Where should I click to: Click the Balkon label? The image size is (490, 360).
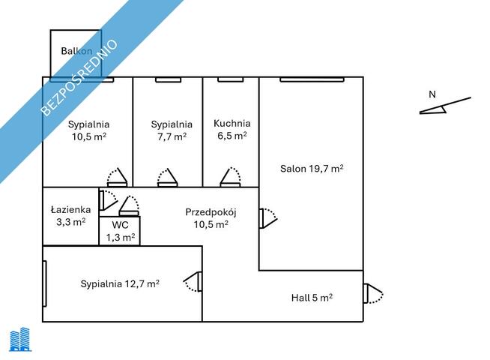click(x=76, y=51)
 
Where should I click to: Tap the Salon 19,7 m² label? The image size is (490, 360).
click(x=312, y=169)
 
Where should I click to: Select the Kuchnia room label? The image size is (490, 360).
click(x=232, y=123)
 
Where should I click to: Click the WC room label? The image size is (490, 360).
click(x=121, y=225)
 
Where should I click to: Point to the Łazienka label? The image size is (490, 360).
click(x=71, y=209)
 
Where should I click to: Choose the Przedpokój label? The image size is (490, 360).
click(x=211, y=212)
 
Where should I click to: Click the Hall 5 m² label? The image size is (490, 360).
click(x=312, y=298)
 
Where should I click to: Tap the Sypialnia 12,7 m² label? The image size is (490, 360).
click(x=120, y=283)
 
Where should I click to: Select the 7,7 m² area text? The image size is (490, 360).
click(x=172, y=136)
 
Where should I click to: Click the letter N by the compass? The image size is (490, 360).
click(x=432, y=94)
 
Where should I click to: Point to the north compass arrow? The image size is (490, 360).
click(x=445, y=106)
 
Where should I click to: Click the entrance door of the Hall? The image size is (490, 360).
click(x=373, y=293)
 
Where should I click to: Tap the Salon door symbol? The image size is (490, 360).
click(x=268, y=218)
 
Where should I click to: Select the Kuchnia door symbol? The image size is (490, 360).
click(x=230, y=177)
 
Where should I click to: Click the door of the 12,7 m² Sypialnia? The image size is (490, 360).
click(x=193, y=282)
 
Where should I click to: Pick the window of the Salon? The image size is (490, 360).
click(x=312, y=79)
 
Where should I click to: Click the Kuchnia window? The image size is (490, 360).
click(x=230, y=79)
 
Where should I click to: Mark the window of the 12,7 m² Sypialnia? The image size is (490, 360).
click(x=45, y=283)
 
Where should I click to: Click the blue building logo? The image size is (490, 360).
click(x=20, y=339)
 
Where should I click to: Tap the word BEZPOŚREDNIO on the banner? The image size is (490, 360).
click(x=79, y=77)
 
